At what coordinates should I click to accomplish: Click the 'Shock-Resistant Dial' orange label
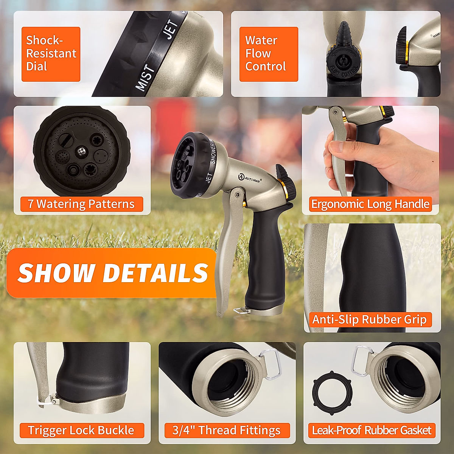51,54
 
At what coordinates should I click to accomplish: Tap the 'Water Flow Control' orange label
269,54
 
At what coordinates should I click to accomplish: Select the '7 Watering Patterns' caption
81,204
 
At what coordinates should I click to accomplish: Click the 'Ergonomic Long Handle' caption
370,204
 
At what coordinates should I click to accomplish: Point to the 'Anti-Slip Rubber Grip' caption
369,320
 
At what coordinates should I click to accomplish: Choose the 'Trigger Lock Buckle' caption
81,431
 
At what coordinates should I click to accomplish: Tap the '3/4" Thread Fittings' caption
227,431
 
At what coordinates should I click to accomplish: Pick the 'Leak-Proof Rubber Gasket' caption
372,431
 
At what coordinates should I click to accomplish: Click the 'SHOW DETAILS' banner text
113,273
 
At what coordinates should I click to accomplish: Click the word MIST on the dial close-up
146,78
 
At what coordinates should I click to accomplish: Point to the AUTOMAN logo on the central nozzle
250,178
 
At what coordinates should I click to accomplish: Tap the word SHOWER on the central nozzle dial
213,154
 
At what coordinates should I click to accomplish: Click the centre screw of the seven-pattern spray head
81,152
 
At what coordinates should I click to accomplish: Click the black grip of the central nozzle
265,257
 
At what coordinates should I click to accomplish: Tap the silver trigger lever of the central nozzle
227,242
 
